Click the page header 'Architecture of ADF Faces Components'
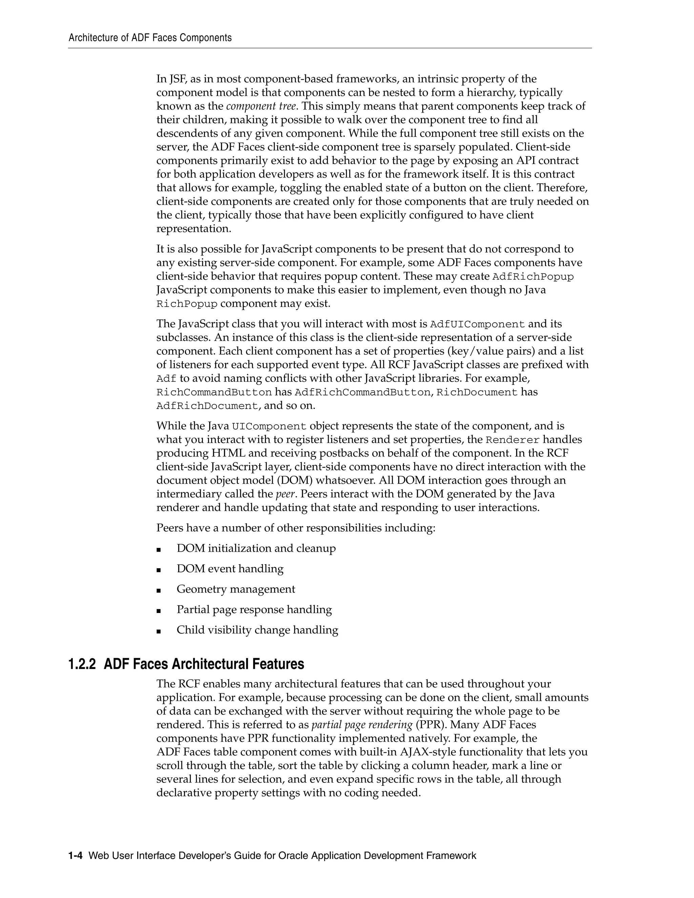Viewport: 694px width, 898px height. click(x=150, y=38)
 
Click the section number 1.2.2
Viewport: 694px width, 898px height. click(x=82, y=664)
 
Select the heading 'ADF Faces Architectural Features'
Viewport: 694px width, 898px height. click(x=204, y=664)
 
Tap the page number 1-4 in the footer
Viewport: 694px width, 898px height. click(x=76, y=856)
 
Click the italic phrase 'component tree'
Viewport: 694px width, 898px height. click(x=261, y=106)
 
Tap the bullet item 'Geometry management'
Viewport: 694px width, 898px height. click(x=236, y=589)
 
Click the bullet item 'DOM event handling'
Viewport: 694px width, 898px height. click(x=230, y=569)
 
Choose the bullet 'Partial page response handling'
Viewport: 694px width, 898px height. click(x=254, y=610)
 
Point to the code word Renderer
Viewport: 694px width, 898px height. click(x=512, y=440)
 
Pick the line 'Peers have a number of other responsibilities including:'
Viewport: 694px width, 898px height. click(x=295, y=528)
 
